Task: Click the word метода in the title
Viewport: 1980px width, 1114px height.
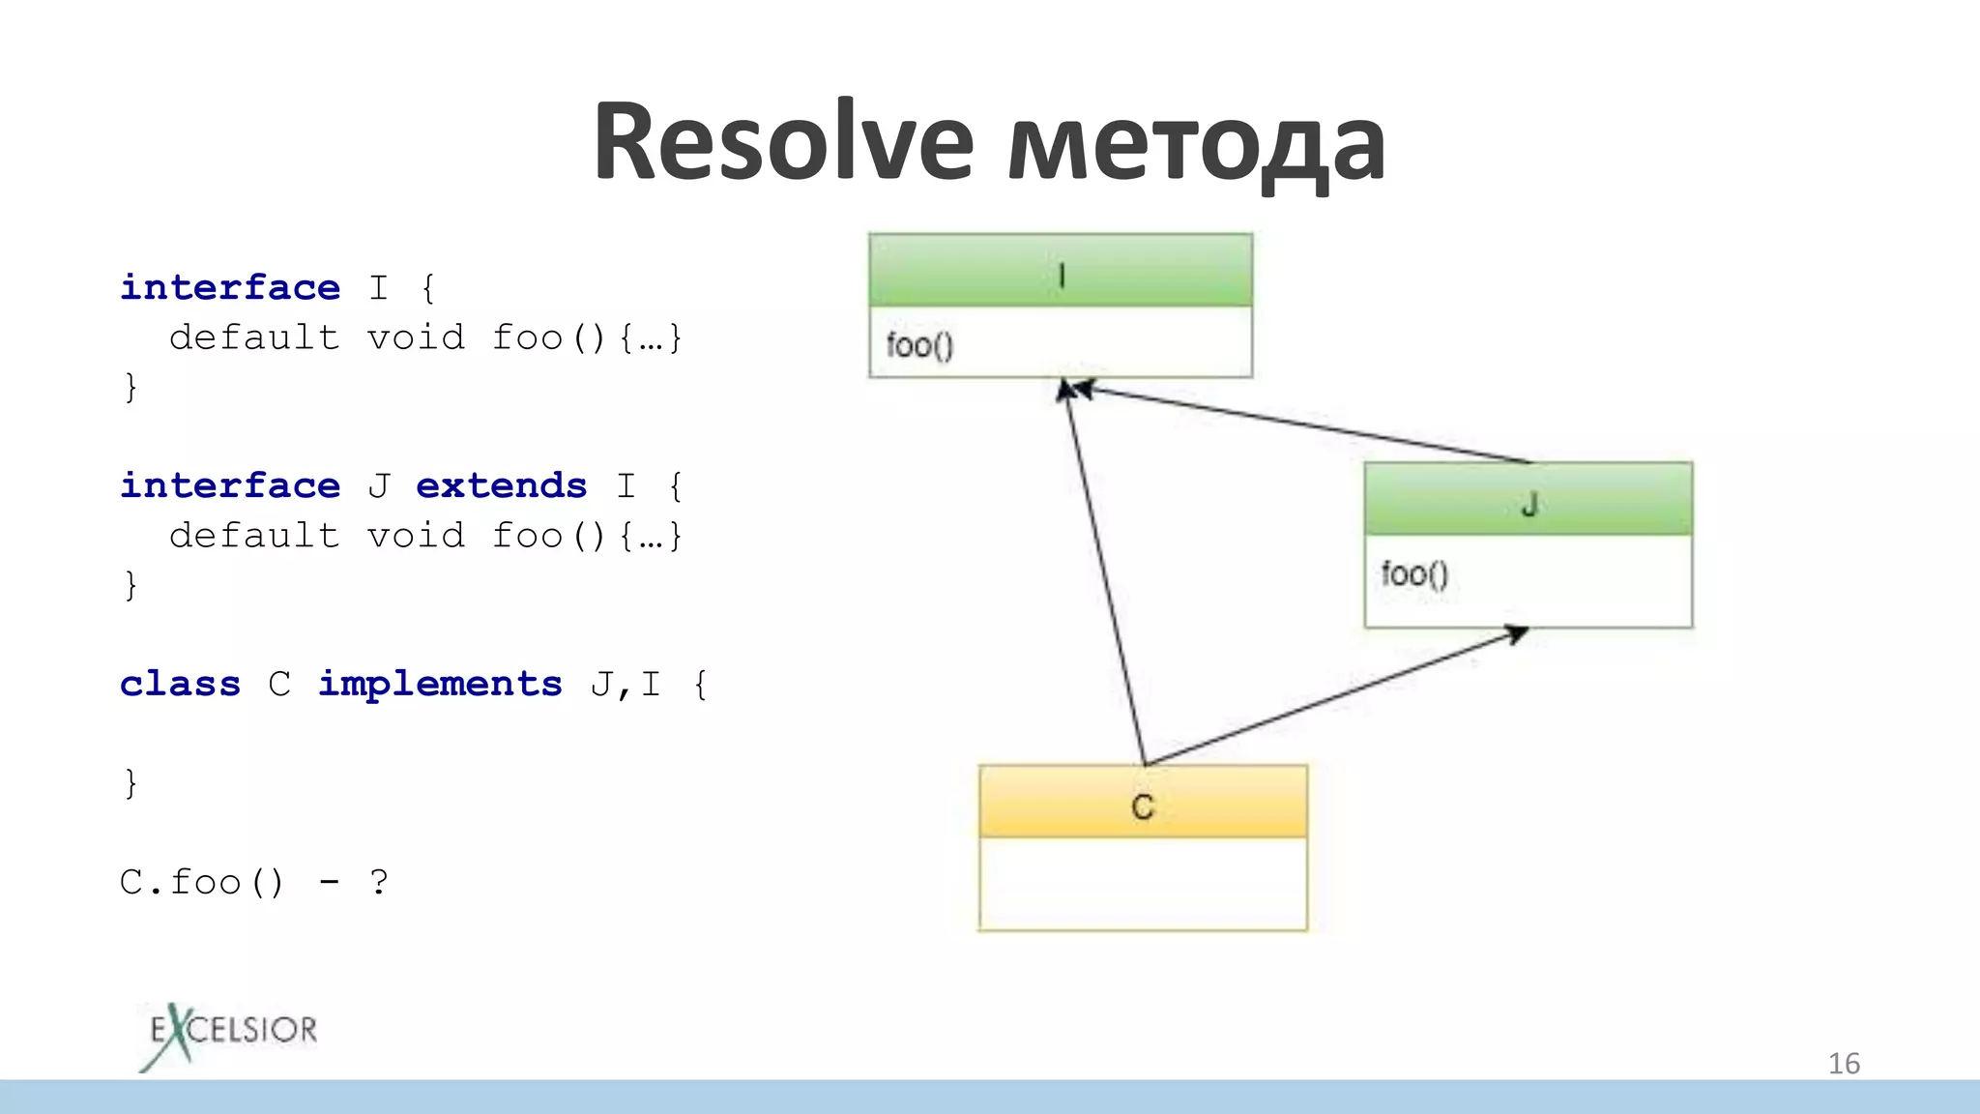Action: coord(1196,145)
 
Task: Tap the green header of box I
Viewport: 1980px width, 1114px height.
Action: coord(1061,271)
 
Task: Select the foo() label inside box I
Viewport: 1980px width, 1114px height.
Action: coord(919,345)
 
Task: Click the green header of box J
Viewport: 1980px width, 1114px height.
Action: coord(1528,500)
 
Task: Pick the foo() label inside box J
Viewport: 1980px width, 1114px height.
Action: coord(1414,574)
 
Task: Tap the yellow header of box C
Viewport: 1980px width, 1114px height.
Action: coord(1143,803)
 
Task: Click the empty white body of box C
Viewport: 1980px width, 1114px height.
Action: coord(1143,884)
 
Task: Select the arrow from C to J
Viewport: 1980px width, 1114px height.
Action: coord(1334,696)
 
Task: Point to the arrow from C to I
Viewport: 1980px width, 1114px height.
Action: coord(1105,571)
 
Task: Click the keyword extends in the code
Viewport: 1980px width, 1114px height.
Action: coord(501,485)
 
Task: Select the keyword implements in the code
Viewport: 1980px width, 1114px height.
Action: coord(440,684)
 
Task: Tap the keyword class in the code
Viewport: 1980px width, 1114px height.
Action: coord(180,684)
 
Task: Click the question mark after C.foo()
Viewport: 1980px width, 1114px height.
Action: coord(378,882)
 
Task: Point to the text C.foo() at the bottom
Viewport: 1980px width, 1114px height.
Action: coord(202,882)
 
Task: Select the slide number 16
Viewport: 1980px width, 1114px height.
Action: coord(1843,1064)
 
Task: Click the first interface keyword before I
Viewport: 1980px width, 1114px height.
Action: coord(230,287)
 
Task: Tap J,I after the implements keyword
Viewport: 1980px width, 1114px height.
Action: coord(626,685)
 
